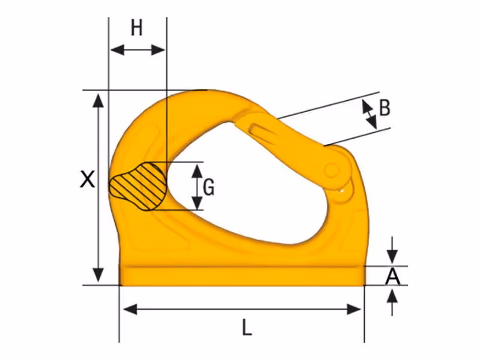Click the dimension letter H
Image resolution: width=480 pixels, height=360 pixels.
[x=137, y=28]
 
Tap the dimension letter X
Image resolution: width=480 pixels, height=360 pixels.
[x=87, y=179]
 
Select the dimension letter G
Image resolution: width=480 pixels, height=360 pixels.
[x=209, y=187]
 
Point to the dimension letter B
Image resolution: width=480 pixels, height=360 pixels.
[x=385, y=107]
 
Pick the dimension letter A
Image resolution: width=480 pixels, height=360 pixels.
[x=392, y=277]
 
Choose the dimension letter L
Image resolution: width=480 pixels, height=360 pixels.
[x=247, y=328]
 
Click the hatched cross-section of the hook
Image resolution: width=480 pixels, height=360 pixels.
[x=139, y=187]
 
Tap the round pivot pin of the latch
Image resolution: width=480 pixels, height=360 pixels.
[x=332, y=170]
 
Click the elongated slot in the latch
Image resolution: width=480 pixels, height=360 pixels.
[x=262, y=130]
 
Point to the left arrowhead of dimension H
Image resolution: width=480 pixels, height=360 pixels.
[x=117, y=50]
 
